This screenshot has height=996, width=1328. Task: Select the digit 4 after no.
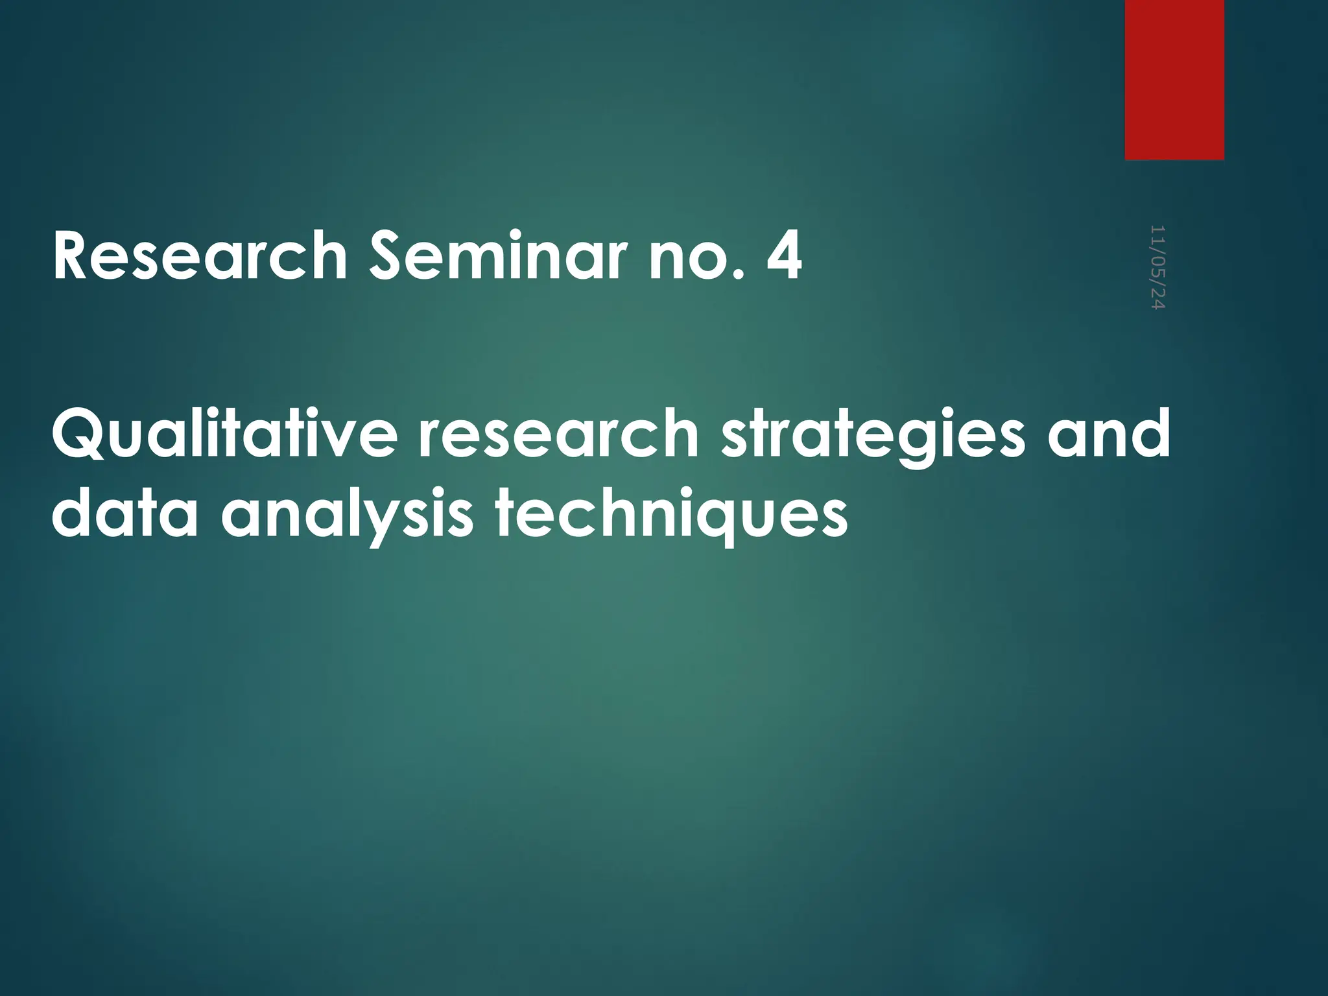coord(783,257)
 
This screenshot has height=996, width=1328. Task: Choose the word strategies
coord(873,436)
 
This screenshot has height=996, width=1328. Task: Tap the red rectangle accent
coord(1174,79)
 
